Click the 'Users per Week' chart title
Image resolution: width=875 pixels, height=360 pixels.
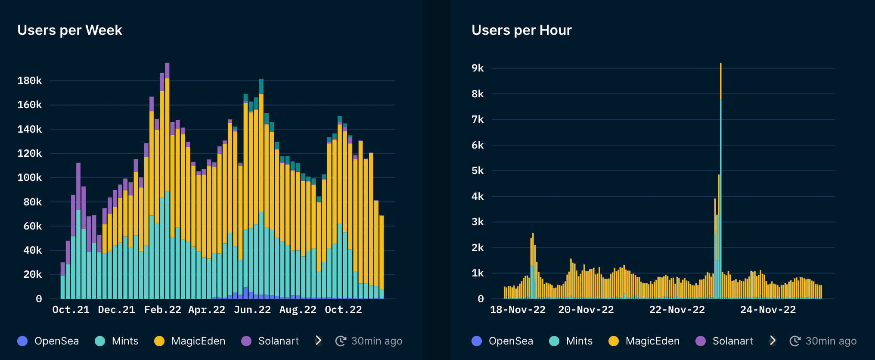tap(70, 30)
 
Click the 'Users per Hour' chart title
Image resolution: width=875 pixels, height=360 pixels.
tap(521, 30)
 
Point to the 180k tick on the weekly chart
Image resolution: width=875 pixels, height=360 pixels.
tap(29, 81)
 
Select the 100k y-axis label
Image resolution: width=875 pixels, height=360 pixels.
tap(29, 177)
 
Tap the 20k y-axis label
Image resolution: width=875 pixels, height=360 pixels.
tap(32, 274)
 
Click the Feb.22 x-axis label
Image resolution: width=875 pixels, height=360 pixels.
tap(162, 310)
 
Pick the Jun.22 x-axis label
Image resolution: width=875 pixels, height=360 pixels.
tap(252, 310)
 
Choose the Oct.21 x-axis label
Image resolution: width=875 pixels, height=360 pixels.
tap(71, 310)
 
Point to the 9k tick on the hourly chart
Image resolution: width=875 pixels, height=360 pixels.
tap(478, 68)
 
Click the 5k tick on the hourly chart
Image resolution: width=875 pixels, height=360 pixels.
tap(478, 171)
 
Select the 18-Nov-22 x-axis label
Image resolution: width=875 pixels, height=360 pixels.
tap(518, 310)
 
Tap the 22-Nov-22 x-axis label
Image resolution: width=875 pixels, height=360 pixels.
tap(677, 310)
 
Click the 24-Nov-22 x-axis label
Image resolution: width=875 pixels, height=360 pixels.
tap(768, 310)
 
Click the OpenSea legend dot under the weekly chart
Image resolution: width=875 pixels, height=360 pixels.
tap(22, 341)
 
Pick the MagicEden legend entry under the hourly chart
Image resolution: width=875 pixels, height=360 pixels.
tap(644, 341)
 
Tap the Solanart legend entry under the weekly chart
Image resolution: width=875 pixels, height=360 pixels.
tap(270, 341)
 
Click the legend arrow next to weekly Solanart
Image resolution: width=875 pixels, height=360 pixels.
tap(318, 341)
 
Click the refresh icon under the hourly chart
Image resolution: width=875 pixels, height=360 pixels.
tap(794, 341)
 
